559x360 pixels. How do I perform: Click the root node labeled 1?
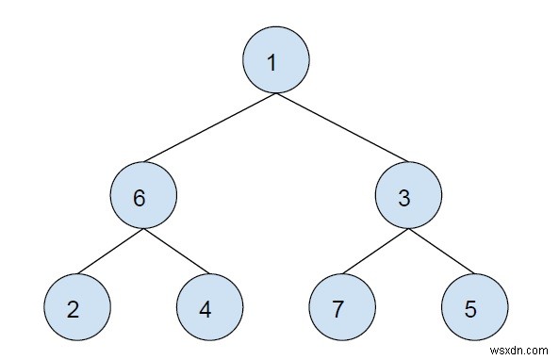[x=276, y=59]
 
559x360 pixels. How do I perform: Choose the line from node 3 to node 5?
[x=440, y=253]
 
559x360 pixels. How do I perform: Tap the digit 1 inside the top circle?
[x=272, y=63]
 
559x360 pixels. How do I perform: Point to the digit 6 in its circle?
[x=140, y=199]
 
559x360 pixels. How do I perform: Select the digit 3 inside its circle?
[x=405, y=199]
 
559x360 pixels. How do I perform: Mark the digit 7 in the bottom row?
[x=339, y=310]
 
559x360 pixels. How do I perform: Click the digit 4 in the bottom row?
[x=206, y=310]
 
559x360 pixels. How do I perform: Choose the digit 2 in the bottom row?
[x=74, y=310]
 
